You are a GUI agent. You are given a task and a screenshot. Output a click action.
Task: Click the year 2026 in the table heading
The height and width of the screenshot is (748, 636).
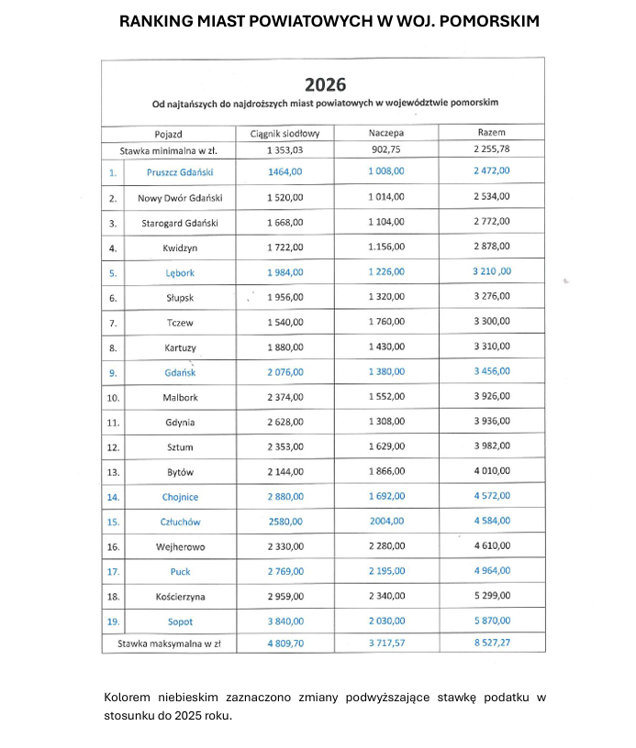[326, 85]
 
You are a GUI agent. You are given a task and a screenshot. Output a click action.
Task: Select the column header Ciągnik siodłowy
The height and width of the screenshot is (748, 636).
[285, 134]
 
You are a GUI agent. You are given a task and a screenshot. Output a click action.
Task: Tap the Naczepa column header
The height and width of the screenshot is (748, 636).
[386, 134]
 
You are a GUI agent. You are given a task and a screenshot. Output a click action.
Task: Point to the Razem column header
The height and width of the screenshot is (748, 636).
[492, 134]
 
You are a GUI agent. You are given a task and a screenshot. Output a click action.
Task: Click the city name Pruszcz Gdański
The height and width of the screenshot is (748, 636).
[180, 171]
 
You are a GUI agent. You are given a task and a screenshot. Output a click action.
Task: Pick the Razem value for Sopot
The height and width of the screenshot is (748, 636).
[492, 621]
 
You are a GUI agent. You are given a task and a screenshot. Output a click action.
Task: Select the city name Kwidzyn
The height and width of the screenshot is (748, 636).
[180, 247]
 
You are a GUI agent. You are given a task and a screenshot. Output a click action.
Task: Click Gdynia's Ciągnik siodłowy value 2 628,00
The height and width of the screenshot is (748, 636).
[285, 423]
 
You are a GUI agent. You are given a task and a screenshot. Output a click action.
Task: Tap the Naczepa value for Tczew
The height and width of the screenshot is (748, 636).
[386, 323]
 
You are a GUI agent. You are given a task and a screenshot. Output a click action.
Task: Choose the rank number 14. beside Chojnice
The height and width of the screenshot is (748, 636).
[113, 497]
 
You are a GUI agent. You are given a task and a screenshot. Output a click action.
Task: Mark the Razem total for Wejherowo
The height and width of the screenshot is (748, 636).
[492, 547]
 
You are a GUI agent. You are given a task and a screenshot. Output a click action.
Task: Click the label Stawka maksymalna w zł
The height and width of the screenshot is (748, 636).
[169, 643]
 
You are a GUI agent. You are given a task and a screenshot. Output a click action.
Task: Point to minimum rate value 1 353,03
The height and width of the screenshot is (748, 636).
[285, 149]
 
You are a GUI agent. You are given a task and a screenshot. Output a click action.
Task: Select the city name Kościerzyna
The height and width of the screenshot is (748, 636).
[180, 597]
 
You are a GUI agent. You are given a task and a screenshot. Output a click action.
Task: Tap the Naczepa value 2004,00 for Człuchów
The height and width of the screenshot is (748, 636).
[386, 522]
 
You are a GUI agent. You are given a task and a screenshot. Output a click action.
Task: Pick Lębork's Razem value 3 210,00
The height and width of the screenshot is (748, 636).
[492, 272]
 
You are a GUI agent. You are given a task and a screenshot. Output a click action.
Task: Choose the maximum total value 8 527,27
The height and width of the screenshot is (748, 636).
[492, 643]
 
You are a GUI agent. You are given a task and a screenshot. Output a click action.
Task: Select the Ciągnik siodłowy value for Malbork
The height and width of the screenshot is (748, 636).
[285, 398]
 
